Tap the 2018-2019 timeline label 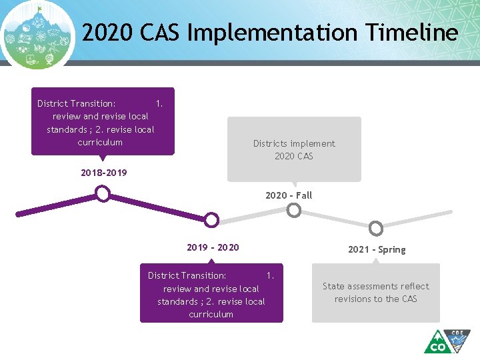pyautogui.click(x=103, y=173)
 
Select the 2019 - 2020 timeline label pyautogui.click(x=213, y=247)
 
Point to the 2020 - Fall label pyautogui.click(x=288, y=195)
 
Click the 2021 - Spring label pyautogui.click(x=377, y=249)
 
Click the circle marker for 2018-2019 pyautogui.click(x=102, y=193)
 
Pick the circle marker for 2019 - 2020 pyautogui.click(x=211, y=219)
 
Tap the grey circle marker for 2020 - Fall pyautogui.click(x=293, y=211)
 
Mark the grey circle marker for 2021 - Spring pyautogui.click(x=376, y=229)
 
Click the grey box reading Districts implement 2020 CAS pyautogui.click(x=294, y=149)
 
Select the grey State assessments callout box pyautogui.click(x=376, y=293)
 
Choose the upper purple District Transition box pyautogui.click(x=103, y=121)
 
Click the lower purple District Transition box pyautogui.click(x=211, y=294)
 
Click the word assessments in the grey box pyautogui.click(x=377, y=286)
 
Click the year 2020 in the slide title pyautogui.click(x=105, y=33)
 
